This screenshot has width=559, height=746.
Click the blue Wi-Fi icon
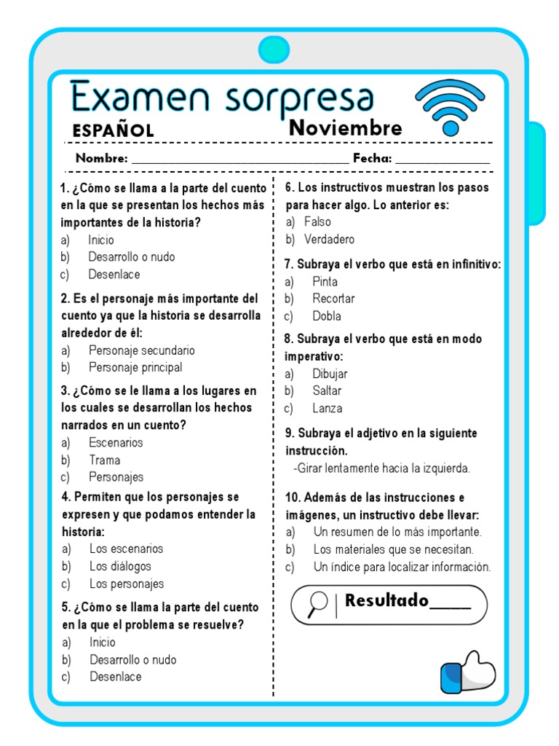click(x=450, y=108)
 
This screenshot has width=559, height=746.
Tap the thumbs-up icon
click(x=468, y=670)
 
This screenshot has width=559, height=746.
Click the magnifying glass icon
click(x=317, y=604)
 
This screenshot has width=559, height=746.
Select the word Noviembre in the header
click(x=346, y=128)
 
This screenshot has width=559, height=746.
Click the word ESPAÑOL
click(x=113, y=131)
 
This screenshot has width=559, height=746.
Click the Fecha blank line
click(x=443, y=160)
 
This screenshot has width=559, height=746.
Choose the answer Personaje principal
click(x=135, y=368)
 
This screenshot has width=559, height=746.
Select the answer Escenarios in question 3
click(x=116, y=442)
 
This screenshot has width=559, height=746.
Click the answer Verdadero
click(x=329, y=240)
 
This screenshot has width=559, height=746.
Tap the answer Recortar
click(x=333, y=299)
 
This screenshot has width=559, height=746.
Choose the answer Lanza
click(x=328, y=409)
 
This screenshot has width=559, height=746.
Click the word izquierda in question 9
click(x=445, y=468)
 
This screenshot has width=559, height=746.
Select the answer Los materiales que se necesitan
click(x=393, y=549)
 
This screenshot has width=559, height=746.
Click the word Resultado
click(x=386, y=601)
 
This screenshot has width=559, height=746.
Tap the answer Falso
click(x=317, y=222)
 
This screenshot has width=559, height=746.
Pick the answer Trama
click(x=104, y=460)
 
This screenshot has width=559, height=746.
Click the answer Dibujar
click(x=330, y=374)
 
